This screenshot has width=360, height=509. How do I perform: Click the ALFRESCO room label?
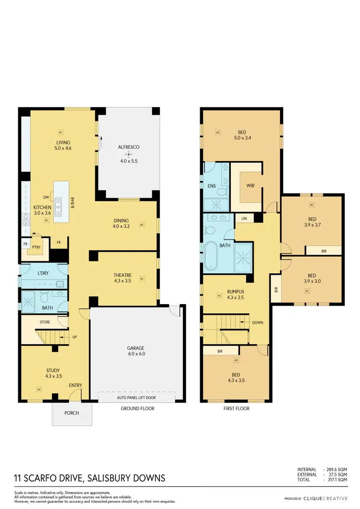pos(128,147)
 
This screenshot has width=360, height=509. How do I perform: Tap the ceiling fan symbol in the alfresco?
pos(128,154)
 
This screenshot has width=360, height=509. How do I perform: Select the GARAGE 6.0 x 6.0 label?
pos(136,351)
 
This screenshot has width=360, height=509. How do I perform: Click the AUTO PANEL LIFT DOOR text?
pos(136,398)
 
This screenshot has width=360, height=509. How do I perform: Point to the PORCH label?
pos(72,413)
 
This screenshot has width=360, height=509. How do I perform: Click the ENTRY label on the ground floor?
pos(75,385)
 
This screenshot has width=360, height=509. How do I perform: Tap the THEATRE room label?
pos(122,275)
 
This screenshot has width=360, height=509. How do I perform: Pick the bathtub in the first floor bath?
pos(211,257)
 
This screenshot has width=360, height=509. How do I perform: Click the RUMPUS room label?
pos(235,291)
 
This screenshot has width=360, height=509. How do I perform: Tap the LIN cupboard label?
pos(244,218)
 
